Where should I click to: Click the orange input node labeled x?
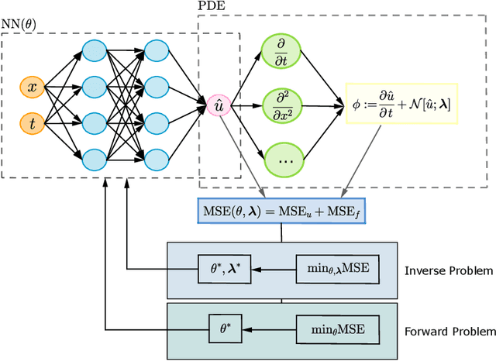32,88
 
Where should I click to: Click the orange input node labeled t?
32,122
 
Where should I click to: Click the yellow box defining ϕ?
402,103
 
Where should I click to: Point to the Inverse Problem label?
449,270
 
